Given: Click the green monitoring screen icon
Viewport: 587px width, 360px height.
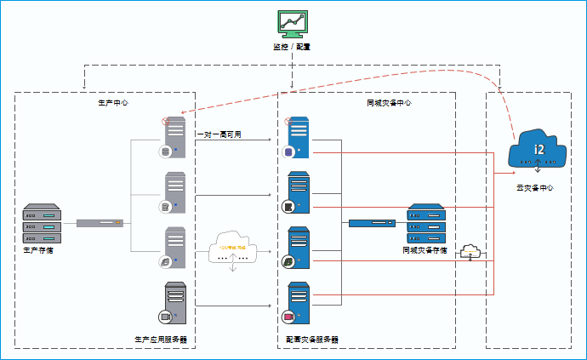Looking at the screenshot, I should click(x=292, y=23).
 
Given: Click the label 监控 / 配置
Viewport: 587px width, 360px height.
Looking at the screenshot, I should click(x=292, y=47).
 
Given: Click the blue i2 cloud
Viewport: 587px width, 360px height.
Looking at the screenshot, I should click(x=537, y=150).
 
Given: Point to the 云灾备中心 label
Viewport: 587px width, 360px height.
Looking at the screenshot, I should click(x=535, y=186).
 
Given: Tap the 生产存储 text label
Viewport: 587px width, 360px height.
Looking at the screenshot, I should click(x=38, y=251).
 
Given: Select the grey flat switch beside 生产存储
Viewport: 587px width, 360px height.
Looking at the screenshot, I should click(x=100, y=223).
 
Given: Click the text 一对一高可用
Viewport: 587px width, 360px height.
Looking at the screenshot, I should click(x=219, y=134).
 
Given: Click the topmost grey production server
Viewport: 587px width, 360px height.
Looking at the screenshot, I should click(x=174, y=136).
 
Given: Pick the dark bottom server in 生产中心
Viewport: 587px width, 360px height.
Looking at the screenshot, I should click(x=175, y=301).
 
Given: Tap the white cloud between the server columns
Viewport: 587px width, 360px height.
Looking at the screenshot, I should click(x=232, y=247).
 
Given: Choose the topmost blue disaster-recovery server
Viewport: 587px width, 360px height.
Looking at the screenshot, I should click(x=298, y=136).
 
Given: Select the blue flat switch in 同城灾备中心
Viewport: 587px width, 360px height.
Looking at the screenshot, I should click(x=372, y=223).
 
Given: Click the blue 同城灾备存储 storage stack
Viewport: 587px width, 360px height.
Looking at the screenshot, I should click(x=426, y=224).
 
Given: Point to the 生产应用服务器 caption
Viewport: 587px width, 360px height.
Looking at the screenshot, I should click(x=160, y=340).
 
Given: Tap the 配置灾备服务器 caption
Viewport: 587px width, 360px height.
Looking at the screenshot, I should click(x=312, y=340).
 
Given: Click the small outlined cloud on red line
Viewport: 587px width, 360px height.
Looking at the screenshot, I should click(x=470, y=251).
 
